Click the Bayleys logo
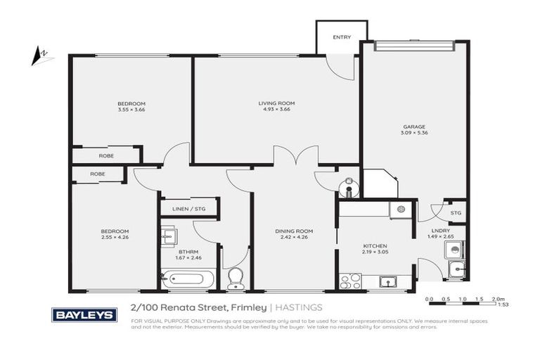[x=84, y=314]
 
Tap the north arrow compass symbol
[x=41, y=55]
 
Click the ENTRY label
[x=341, y=37]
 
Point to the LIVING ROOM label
[x=276, y=103]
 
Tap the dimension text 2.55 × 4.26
[x=114, y=238]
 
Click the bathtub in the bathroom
[x=185, y=280]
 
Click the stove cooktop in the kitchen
[x=349, y=281]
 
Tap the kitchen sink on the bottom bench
[x=387, y=282]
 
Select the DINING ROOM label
[x=293, y=231]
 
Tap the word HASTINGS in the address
[x=300, y=307]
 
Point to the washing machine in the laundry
[x=455, y=248]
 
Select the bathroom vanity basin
[x=168, y=238]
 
